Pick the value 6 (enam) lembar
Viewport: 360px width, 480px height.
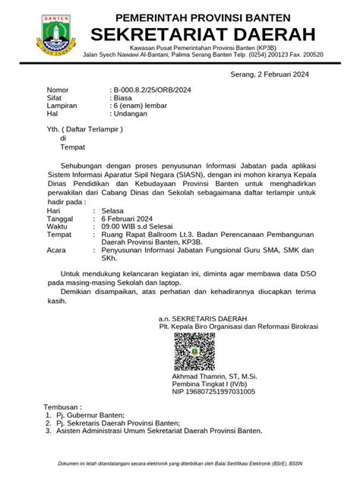[139, 107]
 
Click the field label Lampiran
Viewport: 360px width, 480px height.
[63, 107]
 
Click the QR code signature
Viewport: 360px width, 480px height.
[194, 352]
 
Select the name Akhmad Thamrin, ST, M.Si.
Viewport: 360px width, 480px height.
[216, 377]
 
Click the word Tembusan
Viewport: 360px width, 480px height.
[64, 407]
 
